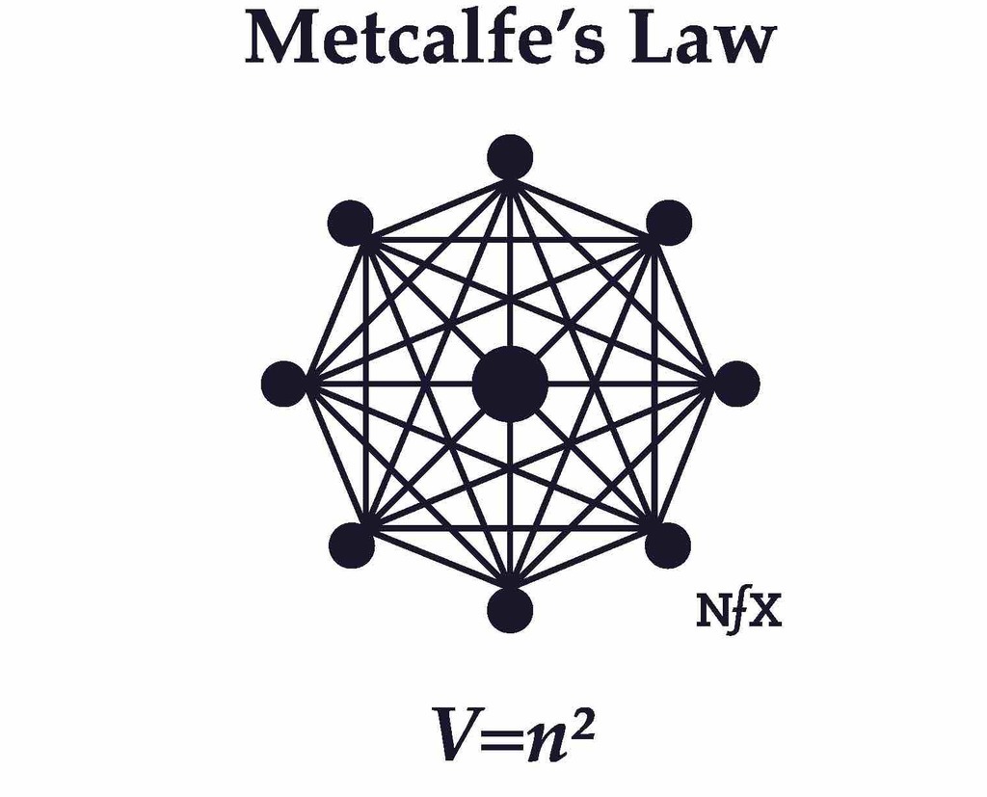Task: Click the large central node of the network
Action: pos(510,384)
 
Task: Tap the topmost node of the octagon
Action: pos(510,157)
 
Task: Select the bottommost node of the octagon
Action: pos(510,610)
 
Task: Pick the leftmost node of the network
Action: pos(283,384)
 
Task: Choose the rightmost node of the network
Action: pos(736,384)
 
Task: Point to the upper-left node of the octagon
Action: pos(350,224)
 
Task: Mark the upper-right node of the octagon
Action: pos(669,224)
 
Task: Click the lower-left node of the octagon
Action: pos(351,545)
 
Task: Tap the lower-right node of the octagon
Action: pos(668,545)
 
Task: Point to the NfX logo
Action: pos(738,613)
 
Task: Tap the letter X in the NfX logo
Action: pos(766,613)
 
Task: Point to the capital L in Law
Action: pos(652,40)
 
